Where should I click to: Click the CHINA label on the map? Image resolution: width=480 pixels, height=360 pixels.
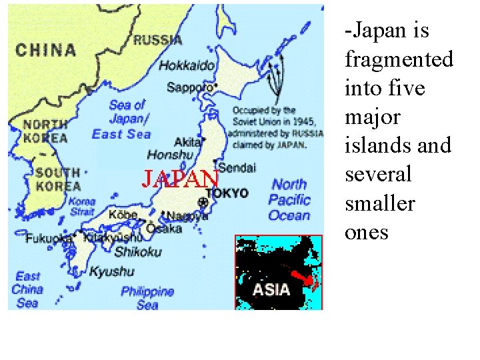[46, 50]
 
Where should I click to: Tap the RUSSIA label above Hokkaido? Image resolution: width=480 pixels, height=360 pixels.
[158, 40]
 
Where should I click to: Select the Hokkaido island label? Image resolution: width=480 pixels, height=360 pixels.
[187, 65]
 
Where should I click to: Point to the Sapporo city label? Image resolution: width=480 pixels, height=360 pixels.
[189, 87]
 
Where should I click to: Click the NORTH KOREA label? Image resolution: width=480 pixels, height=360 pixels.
[45, 131]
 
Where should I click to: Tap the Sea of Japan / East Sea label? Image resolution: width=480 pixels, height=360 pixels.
[121, 119]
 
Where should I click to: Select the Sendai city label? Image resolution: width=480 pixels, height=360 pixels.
[237, 167]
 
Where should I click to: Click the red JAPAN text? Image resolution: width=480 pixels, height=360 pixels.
[181, 179]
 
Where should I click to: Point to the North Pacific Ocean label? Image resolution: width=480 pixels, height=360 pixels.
[289, 199]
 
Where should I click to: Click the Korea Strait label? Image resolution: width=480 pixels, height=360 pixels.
[82, 206]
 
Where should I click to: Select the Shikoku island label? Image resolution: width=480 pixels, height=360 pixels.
[138, 252]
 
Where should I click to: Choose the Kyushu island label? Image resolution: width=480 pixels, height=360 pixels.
[112, 272]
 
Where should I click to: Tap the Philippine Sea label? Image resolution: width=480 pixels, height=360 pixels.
[147, 298]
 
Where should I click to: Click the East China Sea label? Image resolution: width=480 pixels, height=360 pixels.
[27, 289]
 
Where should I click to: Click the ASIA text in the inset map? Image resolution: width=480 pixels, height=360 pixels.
[271, 289]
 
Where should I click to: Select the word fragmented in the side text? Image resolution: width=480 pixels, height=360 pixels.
[399, 59]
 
